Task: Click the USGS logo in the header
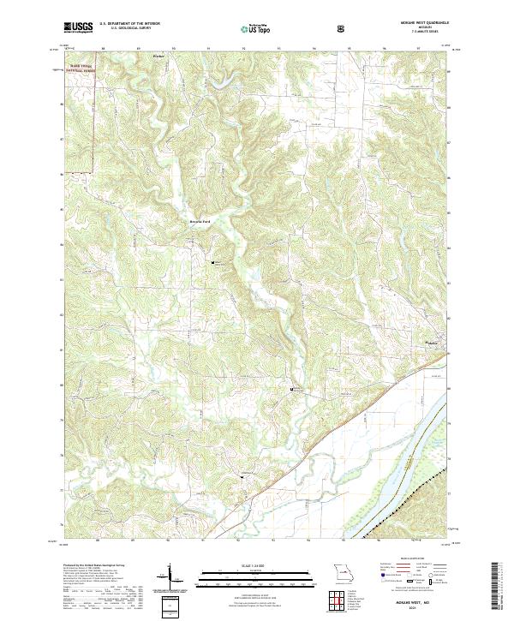click(x=78, y=29)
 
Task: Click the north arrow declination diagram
click(x=170, y=579)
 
